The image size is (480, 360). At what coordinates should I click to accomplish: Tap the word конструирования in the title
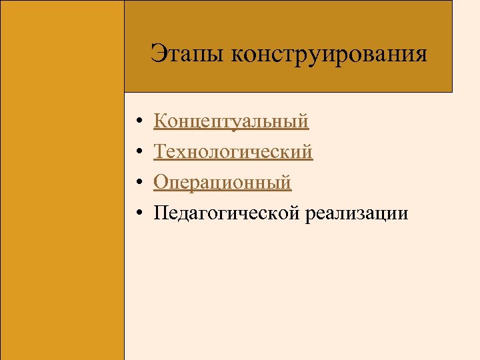click(329, 53)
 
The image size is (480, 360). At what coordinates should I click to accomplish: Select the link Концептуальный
click(231, 121)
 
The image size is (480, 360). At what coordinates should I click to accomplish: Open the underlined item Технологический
click(233, 152)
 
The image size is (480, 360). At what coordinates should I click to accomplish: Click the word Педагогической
click(228, 213)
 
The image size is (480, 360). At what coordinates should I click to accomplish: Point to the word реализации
click(357, 213)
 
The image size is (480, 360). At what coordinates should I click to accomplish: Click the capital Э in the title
click(157, 53)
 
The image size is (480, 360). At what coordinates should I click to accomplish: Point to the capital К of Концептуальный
click(160, 121)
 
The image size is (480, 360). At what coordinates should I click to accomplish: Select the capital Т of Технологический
click(160, 151)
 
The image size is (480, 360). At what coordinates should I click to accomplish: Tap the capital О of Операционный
click(161, 182)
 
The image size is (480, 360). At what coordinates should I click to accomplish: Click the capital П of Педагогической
click(161, 213)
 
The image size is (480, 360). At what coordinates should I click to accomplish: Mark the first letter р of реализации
click(311, 215)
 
